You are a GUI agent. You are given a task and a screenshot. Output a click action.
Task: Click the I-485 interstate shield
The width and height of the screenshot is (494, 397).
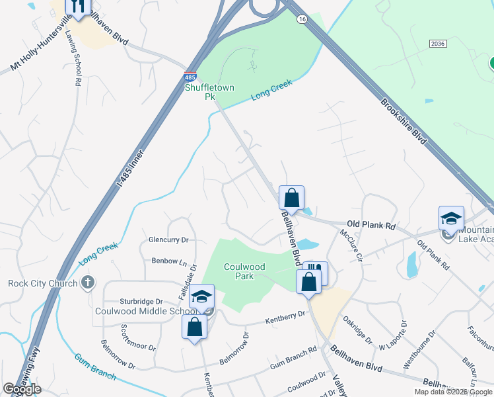[x=190, y=77]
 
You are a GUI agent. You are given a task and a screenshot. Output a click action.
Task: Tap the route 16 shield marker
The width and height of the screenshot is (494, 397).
[x=302, y=21]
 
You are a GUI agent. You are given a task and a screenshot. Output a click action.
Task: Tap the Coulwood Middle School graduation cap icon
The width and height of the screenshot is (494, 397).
[x=202, y=297]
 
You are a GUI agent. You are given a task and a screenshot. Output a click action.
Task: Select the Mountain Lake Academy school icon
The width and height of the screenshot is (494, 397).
[x=452, y=218]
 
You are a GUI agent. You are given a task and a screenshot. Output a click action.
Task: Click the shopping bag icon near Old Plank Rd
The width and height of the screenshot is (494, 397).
[x=291, y=197]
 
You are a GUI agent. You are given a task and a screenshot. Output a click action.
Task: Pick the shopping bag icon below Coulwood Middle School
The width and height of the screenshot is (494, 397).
[x=194, y=326]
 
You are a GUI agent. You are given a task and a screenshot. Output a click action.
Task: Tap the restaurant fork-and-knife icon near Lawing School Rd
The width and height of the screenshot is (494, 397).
[x=78, y=7]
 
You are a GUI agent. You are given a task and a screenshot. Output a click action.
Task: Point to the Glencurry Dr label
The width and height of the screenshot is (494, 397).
[x=168, y=240]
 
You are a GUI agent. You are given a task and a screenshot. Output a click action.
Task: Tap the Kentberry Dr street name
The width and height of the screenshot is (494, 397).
[x=287, y=318]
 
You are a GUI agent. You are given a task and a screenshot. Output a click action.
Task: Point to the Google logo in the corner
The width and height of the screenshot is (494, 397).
[x=22, y=389]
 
